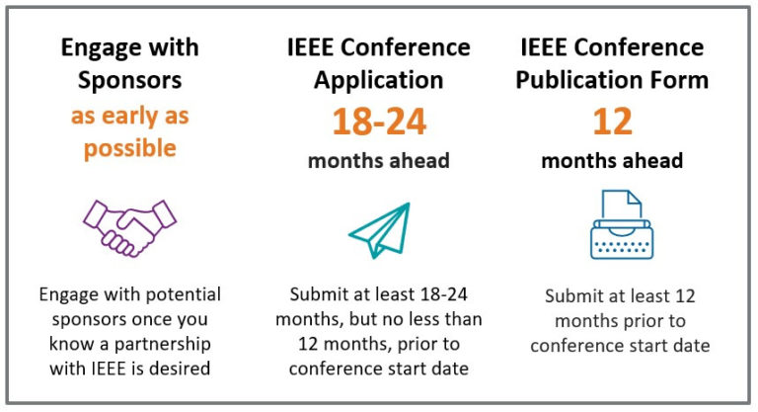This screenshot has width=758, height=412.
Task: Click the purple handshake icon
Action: click(129, 227)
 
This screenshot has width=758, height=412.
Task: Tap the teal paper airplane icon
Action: click(378, 229)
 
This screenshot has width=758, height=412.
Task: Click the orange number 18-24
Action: click(379, 122)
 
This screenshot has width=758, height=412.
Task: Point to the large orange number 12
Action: click(612, 121)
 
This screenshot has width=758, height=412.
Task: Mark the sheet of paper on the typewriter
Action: click(628, 206)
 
